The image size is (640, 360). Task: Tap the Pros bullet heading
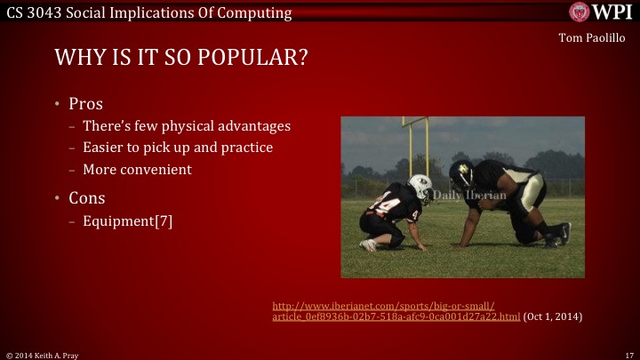pos(86,103)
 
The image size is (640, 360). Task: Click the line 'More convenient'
pos(137,169)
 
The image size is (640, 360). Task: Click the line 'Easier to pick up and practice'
pos(177,148)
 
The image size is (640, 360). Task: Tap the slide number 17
pos(628,354)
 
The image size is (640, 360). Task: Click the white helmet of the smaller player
pos(420,188)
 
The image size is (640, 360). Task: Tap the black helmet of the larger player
pos(461,172)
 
